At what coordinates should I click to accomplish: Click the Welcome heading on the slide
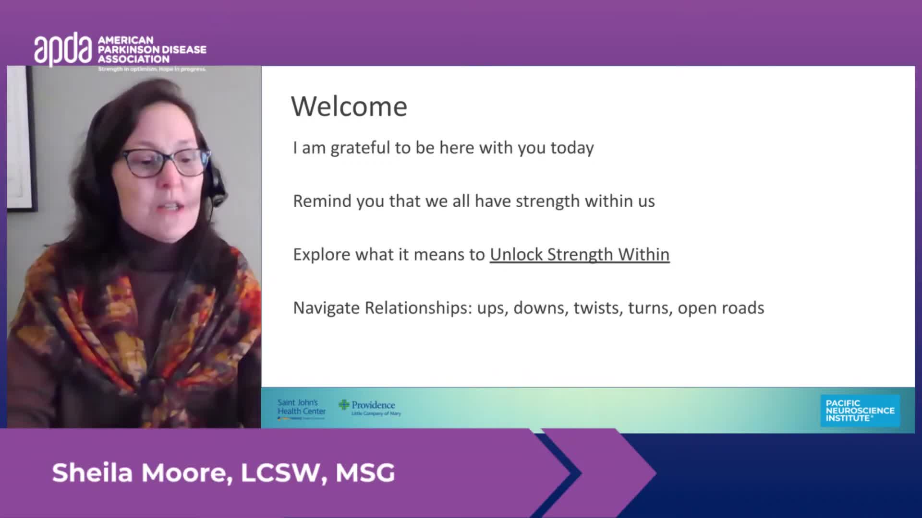[349, 106]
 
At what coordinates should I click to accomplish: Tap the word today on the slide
[572, 148]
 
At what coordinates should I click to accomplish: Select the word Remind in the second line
[322, 201]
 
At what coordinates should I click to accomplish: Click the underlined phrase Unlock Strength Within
[579, 254]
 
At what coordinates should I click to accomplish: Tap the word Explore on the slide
[321, 255]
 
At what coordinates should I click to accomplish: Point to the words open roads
[720, 308]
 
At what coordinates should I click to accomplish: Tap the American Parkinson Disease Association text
[152, 50]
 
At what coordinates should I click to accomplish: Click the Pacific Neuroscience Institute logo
[860, 411]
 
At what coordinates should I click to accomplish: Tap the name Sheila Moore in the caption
[139, 473]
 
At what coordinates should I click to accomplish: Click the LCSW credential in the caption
[280, 473]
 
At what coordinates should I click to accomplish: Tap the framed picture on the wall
[21, 139]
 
